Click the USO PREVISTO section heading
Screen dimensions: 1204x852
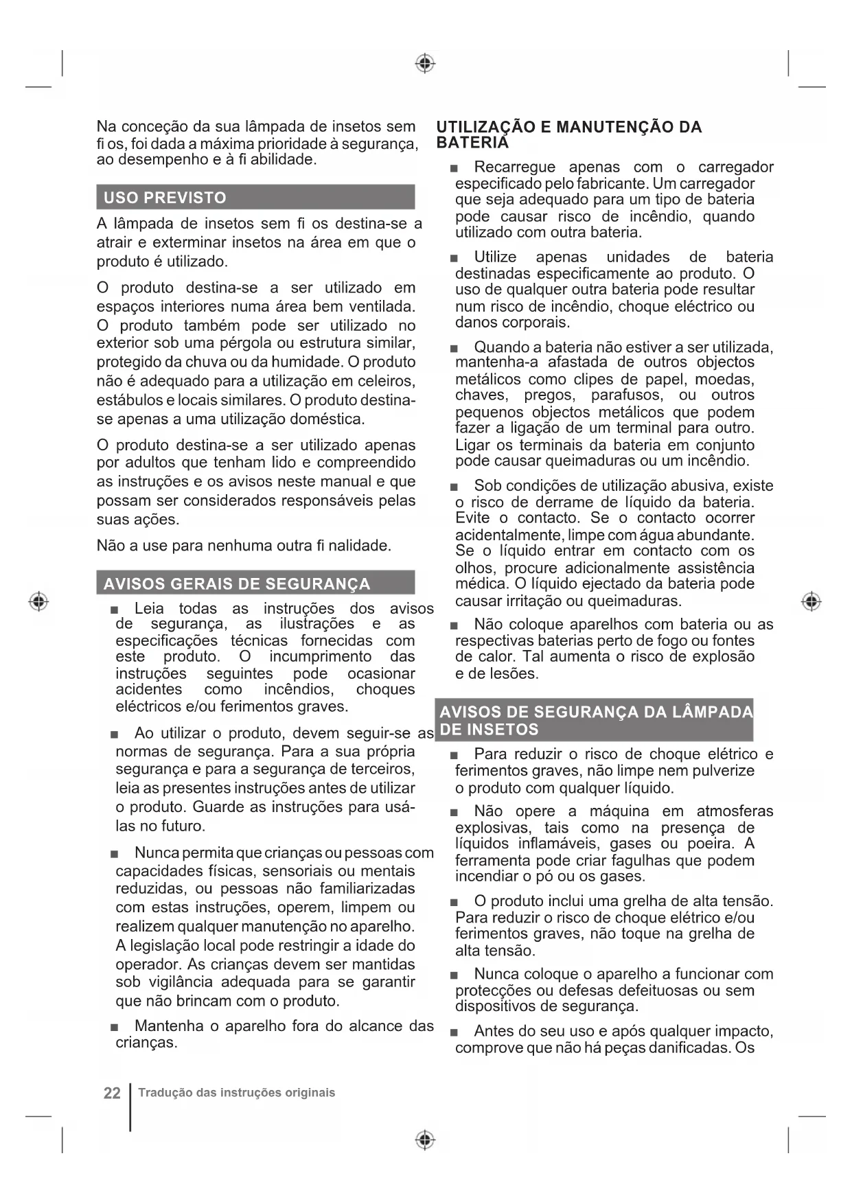tap(165, 198)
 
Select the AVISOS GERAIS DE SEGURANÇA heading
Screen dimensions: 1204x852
tap(236, 584)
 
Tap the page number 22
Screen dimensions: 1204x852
tap(112, 1093)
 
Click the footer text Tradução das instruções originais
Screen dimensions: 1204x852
tap(237, 1093)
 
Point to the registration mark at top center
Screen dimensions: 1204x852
tap(426, 64)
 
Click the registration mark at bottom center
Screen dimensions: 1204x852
tap(426, 1140)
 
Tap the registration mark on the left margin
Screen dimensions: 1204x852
tap(39, 601)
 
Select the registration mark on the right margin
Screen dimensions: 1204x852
tap(811, 601)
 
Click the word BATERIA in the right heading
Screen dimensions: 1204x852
tap(472, 143)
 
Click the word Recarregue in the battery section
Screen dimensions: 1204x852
tap(514, 167)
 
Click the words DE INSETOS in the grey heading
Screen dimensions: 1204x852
tap(489, 730)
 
